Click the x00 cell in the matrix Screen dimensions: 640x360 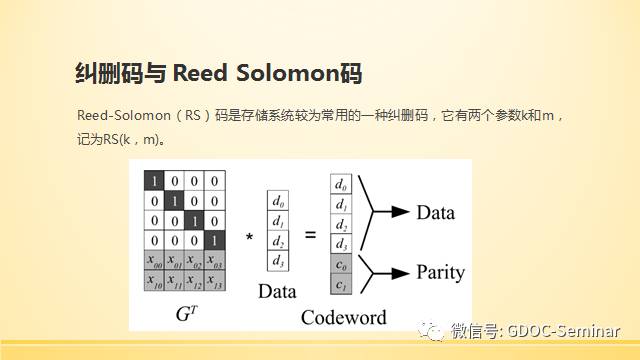pos(154,260)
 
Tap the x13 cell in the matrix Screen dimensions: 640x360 pos(215,280)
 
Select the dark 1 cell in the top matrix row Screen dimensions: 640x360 pos(154,180)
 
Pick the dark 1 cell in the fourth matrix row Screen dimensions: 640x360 pos(215,240)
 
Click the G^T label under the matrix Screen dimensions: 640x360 pos(187,313)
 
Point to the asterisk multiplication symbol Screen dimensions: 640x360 pos(249,237)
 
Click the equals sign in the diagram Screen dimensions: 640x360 pos(311,235)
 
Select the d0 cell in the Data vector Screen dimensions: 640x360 pos(278,200)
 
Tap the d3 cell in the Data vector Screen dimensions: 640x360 pos(278,261)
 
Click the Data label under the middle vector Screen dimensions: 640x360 pos(277,291)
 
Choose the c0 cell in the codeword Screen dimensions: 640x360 pos(341,264)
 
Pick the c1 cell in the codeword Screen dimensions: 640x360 pos(341,284)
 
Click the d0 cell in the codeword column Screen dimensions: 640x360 pos(341,184)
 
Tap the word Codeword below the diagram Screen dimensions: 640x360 pos(344,317)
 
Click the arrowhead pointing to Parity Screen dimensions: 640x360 pos(400,273)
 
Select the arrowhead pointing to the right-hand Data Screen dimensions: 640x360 pos(400,211)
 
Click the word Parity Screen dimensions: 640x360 pos(441,273)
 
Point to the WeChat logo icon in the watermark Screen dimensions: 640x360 pos(430,330)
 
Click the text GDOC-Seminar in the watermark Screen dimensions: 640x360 pos(564,331)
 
